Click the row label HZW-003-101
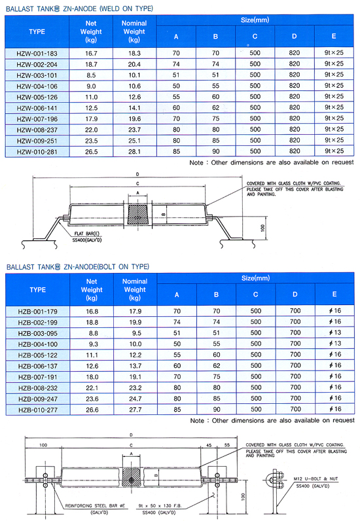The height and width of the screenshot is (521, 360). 37,75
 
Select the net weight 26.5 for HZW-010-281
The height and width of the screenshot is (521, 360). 91,152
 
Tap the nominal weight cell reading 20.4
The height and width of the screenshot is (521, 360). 134,64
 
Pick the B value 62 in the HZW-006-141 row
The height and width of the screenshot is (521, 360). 216,107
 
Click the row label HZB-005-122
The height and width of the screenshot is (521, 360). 38,355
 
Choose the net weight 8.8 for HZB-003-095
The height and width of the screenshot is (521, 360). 94,333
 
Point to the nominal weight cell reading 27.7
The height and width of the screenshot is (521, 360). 135,410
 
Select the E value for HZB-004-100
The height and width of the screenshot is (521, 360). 335,344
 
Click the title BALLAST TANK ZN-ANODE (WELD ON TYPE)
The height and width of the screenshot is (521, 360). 79,9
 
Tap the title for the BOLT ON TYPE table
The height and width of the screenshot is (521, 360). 78,267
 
